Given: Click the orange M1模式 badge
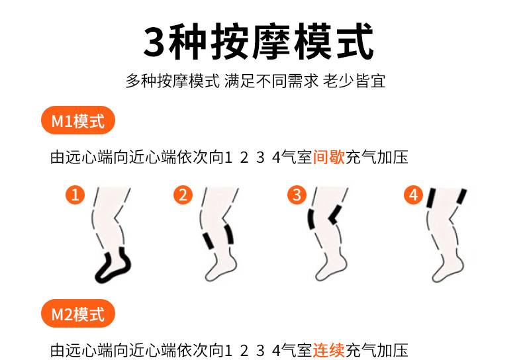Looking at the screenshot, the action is (78, 120).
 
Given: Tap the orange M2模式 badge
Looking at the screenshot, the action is (78, 313).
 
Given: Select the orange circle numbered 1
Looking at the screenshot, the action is (75, 195).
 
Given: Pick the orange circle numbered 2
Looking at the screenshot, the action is (183, 195).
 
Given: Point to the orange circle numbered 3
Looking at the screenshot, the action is (297, 195).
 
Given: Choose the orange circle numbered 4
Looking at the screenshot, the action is (413, 195).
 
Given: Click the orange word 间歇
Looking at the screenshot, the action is (329, 157).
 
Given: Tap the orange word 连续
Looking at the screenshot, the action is (329, 350).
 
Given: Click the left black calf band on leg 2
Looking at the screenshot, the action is (209, 241).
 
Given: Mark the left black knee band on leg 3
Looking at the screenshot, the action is (312, 219).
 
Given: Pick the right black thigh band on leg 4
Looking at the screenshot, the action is (462, 197).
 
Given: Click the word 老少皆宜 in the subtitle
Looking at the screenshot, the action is (354, 81).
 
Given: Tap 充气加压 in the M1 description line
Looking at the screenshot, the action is (377, 157).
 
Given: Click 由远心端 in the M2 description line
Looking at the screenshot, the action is (81, 350).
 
